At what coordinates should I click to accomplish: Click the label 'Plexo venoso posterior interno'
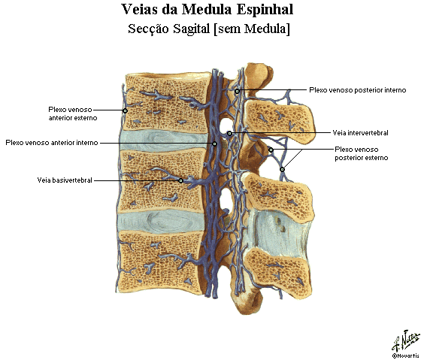click(358, 90)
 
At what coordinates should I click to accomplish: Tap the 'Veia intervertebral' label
click(360, 133)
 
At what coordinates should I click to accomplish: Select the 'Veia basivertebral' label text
click(65, 180)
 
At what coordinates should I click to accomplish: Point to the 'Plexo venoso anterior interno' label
click(52, 143)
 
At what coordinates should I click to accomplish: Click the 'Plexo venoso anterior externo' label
click(73, 113)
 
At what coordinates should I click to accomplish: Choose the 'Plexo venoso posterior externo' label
click(362, 153)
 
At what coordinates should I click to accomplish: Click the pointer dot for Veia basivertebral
click(181, 180)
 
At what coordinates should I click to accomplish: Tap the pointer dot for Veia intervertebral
click(229, 133)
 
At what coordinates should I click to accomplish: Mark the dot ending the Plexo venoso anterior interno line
click(214, 144)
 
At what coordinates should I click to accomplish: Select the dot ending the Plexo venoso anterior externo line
click(126, 110)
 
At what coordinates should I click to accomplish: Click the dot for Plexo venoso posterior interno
click(237, 92)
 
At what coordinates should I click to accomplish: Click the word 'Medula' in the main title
click(207, 10)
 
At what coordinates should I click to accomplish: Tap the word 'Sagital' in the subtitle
click(192, 29)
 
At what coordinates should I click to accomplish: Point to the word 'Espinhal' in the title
click(265, 10)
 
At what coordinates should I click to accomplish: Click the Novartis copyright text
click(405, 355)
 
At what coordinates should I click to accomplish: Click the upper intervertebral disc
click(163, 140)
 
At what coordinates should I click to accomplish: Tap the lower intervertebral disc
click(161, 222)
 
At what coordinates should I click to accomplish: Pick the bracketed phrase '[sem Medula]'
click(252, 29)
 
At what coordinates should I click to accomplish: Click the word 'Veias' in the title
click(140, 10)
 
